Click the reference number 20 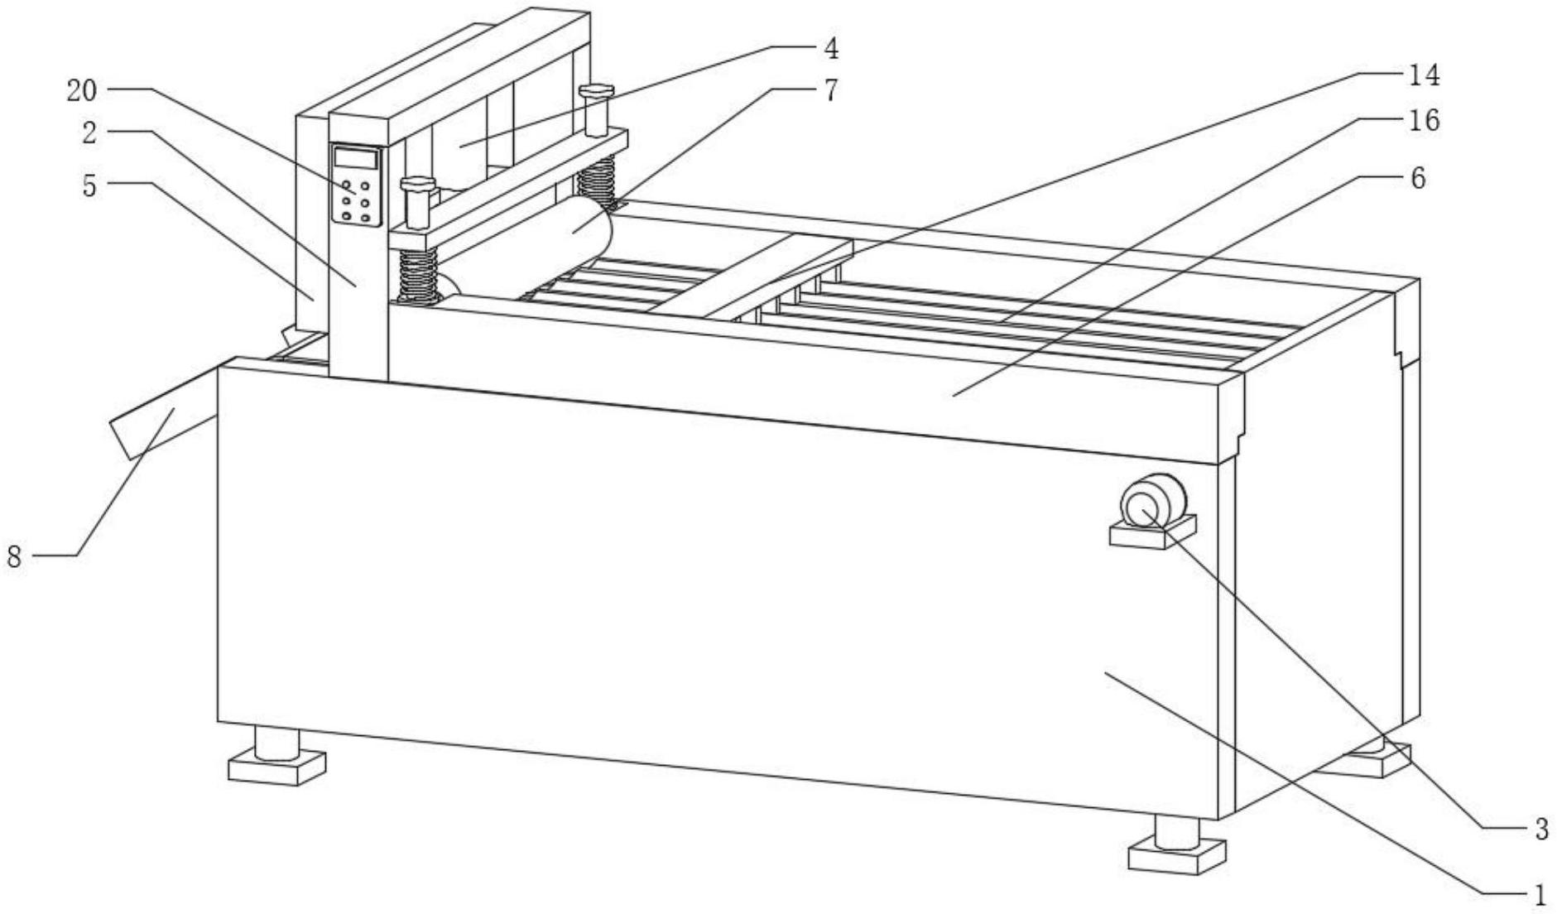[82, 90]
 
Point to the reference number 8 [14, 557]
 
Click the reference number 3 [1540, 828]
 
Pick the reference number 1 [1540, 895]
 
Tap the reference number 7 [830, 90]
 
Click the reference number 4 [830, 48]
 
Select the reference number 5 [89, 186]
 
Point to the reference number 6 [1418, 178]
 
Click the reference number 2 [89, 132]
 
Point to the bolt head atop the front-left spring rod [417, 184]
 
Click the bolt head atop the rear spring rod [595, 89]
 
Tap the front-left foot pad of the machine [276, 767]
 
